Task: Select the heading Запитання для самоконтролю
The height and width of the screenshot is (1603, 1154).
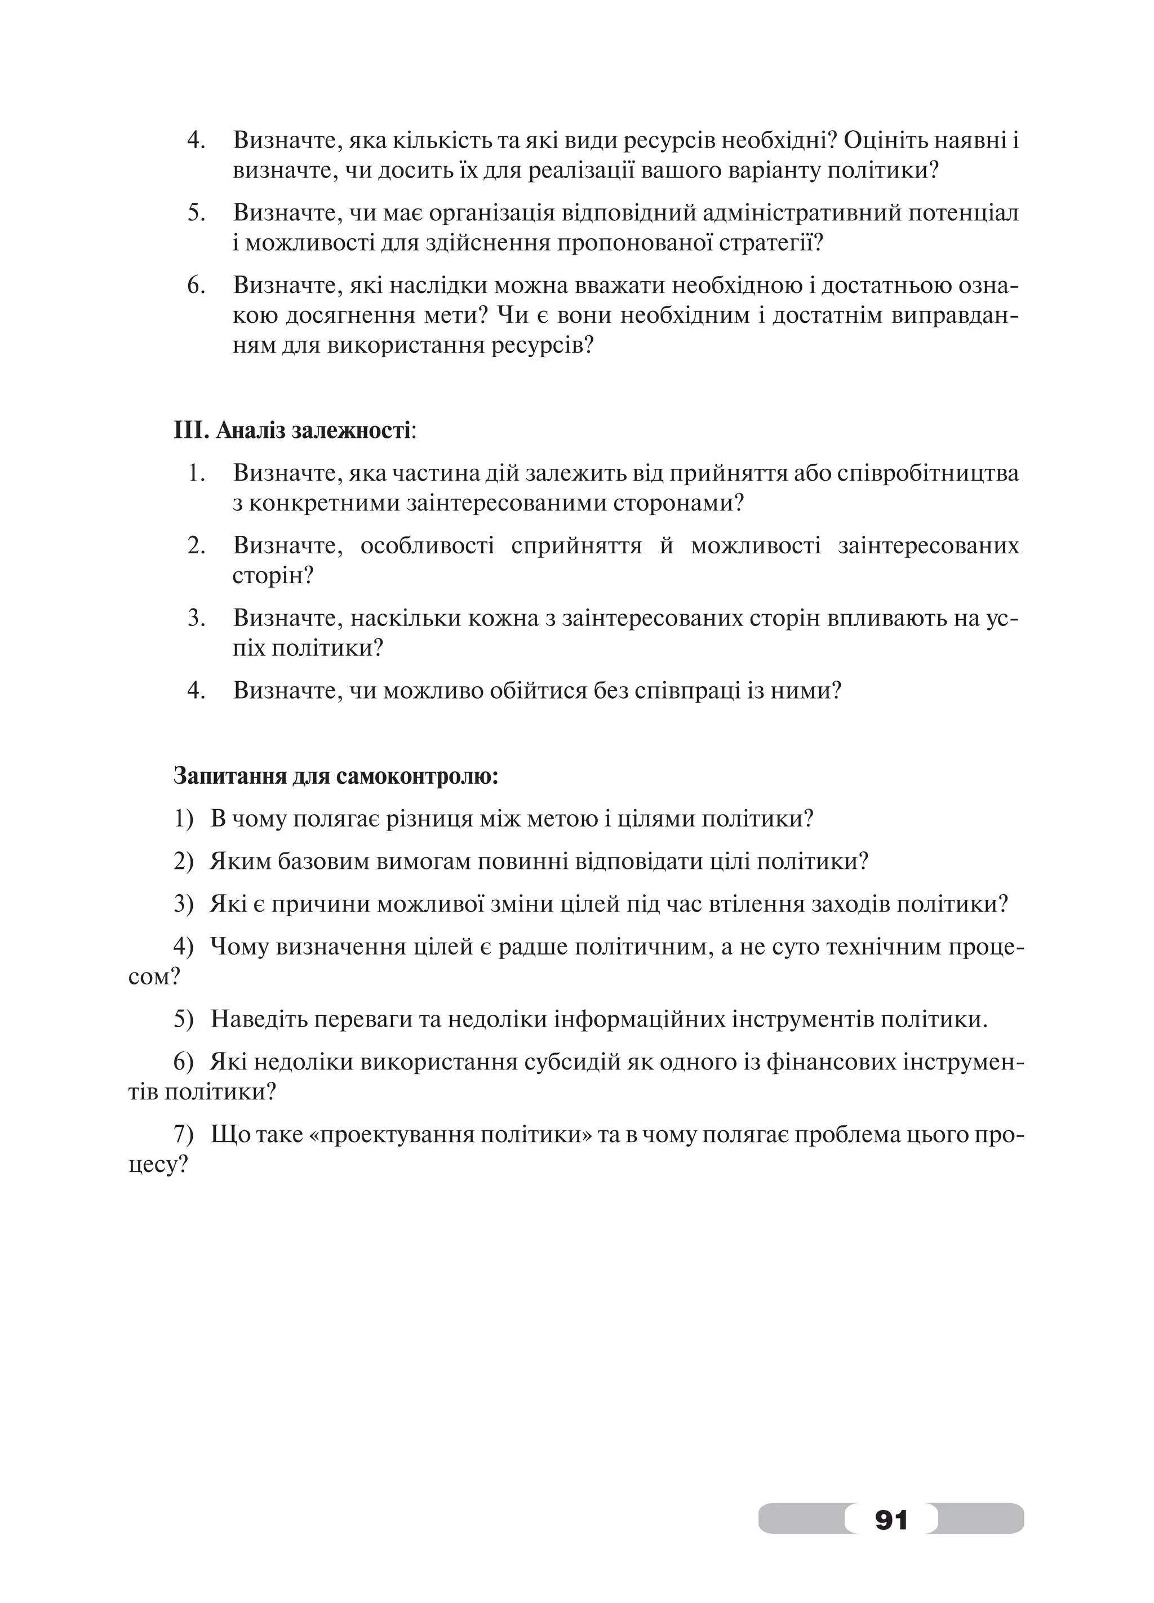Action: [x=336, y=776]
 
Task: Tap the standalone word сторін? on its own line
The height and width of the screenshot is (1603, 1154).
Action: [x=273, y=576]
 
